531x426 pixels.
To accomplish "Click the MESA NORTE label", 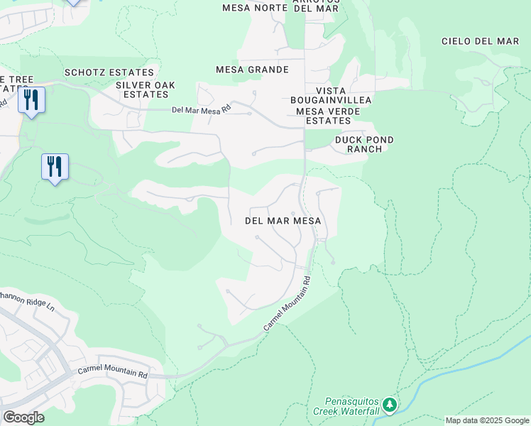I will click(255, 8).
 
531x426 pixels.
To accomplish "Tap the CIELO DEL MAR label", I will click(481, 41).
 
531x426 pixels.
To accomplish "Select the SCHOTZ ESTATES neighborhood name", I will click(109, 72).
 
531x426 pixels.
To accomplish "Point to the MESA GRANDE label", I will click(252, 70).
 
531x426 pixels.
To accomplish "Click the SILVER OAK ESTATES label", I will click(146, 90).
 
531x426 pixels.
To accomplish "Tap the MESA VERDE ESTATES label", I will click(324, 116).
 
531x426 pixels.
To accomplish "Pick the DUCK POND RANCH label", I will click(364, 144).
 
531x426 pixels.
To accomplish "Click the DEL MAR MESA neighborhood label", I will click(283, 221).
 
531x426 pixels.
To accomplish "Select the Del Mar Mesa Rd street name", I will click(202, 109).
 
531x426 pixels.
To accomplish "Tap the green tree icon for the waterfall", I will click(388, 405).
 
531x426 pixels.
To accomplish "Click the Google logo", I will click(23, 417).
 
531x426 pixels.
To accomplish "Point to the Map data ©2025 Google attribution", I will click(487, 420).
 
